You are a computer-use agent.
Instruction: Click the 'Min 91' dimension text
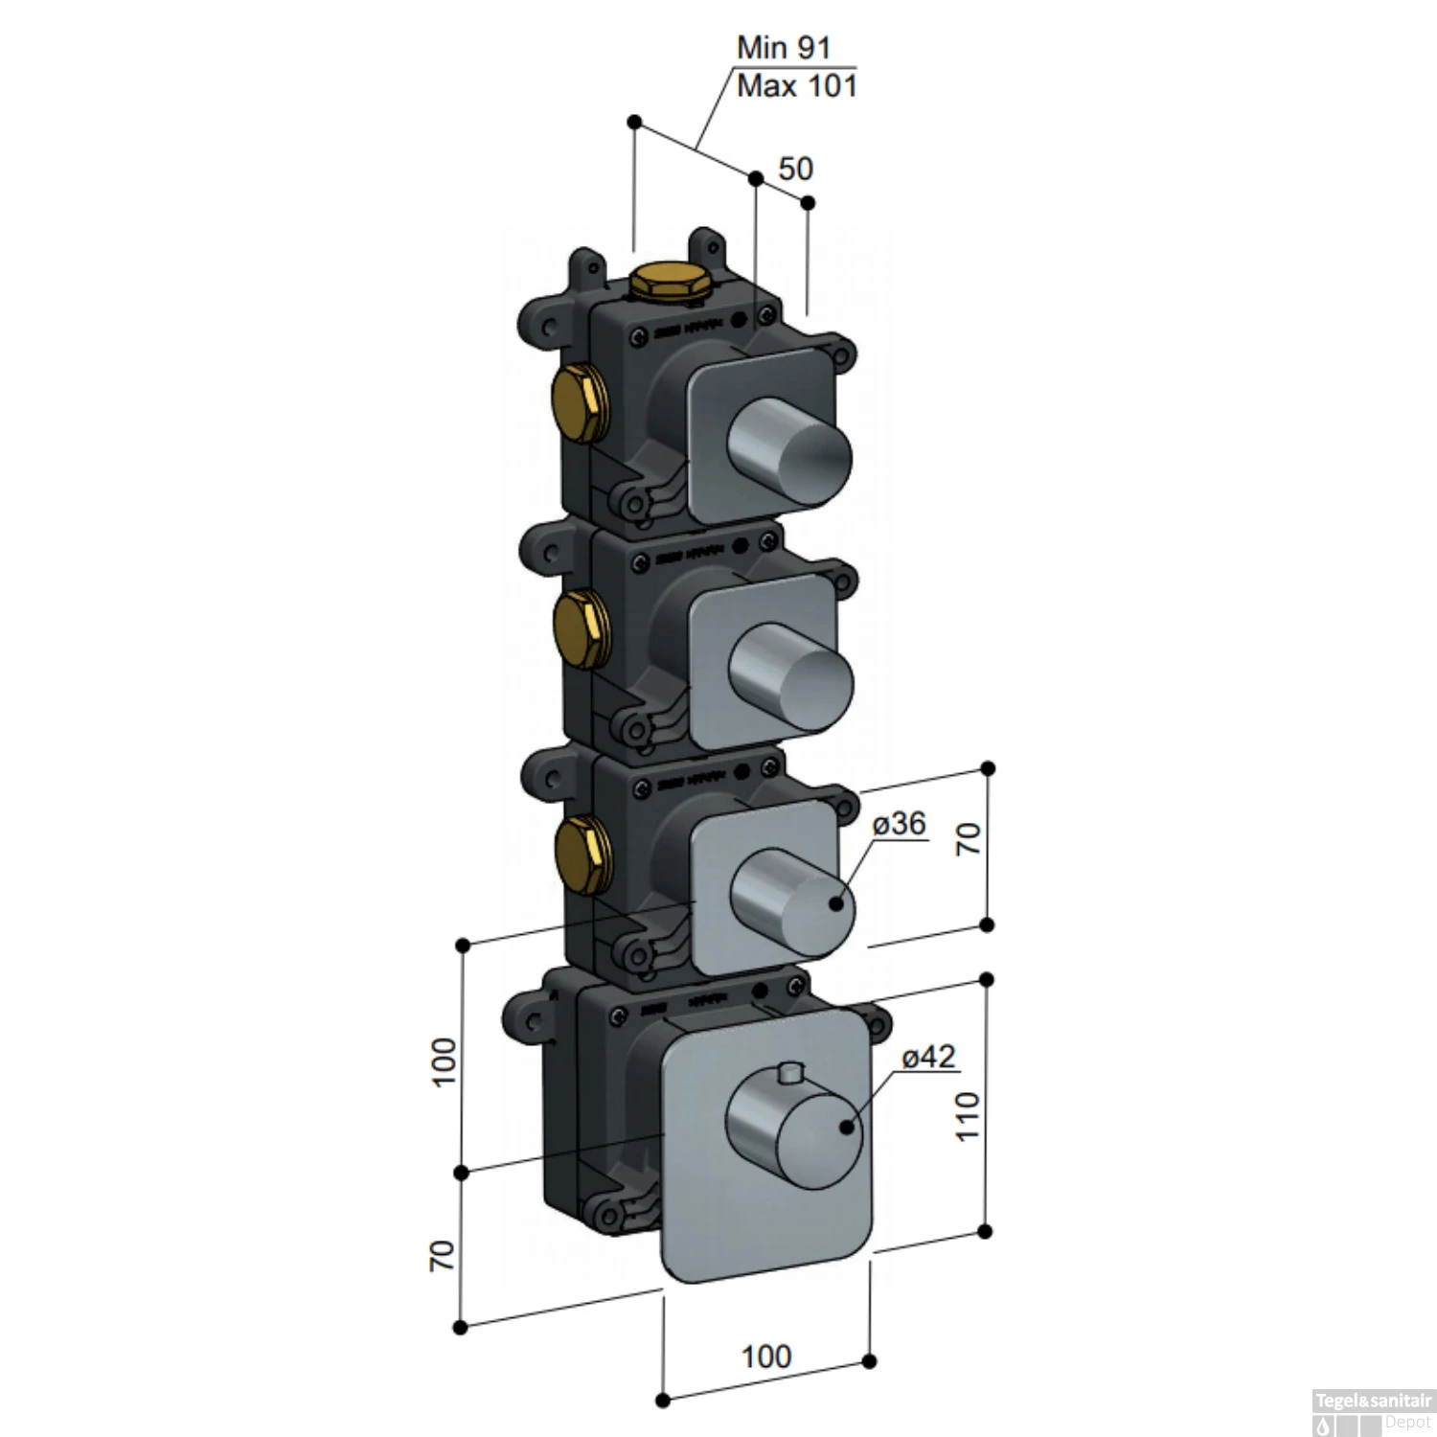click(x=783, y=47)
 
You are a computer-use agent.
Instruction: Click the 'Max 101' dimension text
click(x=796, y=86)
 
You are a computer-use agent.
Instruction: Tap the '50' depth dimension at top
click(x=794, y=169)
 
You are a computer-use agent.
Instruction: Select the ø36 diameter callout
click(x=899, y=823)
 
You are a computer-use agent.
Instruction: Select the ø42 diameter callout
click(x=929, y=1057)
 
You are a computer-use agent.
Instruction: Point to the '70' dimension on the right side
click(x=969, y=838)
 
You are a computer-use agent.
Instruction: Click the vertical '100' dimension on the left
click(x=445, y=1060)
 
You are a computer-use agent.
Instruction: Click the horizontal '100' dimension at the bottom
click(x=766, y=1356)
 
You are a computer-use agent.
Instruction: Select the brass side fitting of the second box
click(x=579, y=627)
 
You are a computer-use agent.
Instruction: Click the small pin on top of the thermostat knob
click(x=790, y=1074)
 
